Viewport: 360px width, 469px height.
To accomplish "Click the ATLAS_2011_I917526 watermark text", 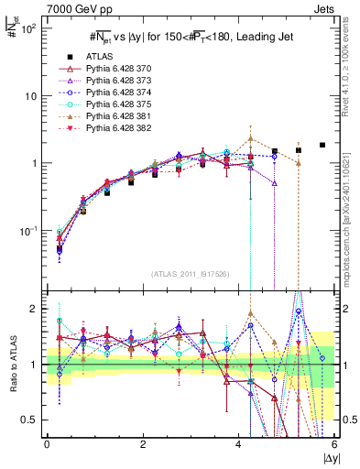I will (190, 274).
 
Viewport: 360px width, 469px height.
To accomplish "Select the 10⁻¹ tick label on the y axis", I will (27, 230).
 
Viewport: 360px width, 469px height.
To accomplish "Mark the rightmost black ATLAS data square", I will (322, 145).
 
